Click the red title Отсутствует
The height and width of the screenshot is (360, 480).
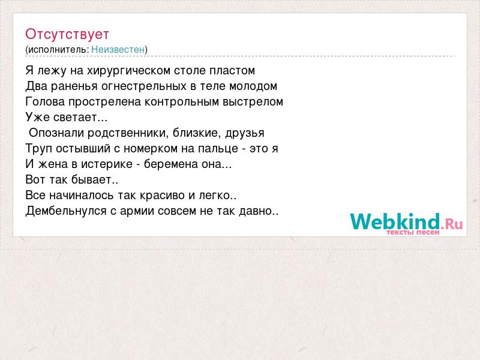coord(67,34)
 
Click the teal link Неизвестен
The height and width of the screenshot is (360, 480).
coord(118,49)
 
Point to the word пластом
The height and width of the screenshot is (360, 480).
coord(232,71)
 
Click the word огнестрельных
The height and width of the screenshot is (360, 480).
coord(144,86)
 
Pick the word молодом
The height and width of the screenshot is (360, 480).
coord(253,86)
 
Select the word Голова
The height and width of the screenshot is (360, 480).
coord(45,101)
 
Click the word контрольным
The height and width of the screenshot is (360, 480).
coord(182,102)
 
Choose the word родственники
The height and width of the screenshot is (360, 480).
coord(128,133)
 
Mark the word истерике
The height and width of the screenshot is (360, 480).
coord(107,164)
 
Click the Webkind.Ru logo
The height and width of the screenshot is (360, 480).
coord(407,224)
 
